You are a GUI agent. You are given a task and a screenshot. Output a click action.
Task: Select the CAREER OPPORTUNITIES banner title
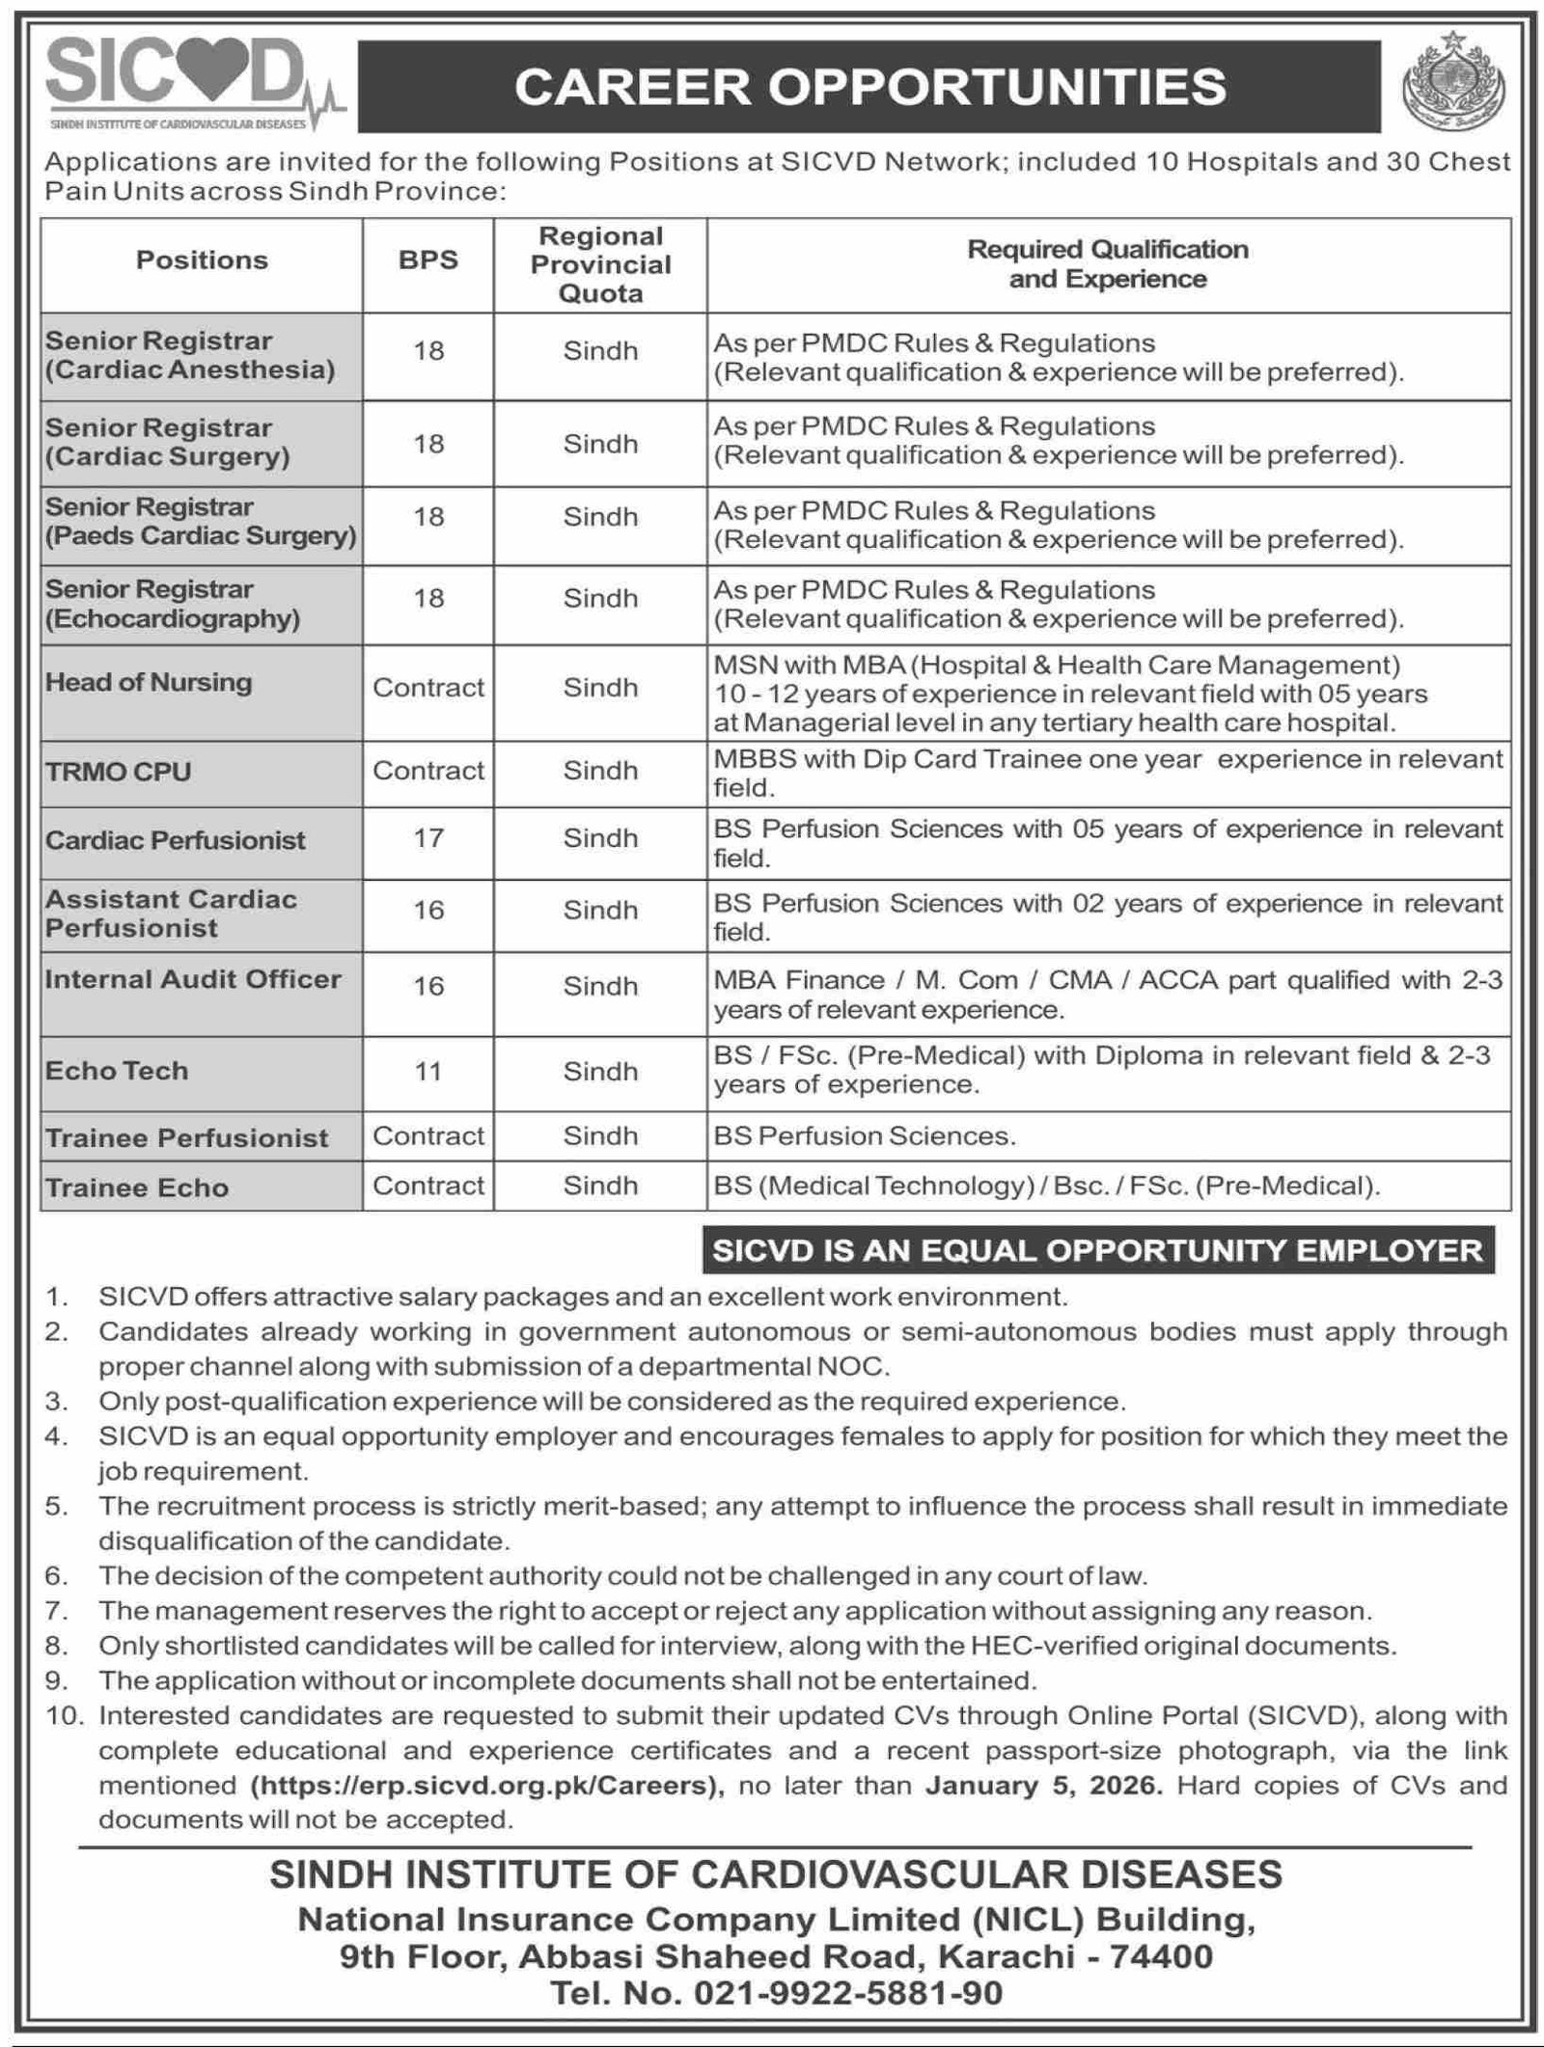pyautogui.click(x=869, y=87)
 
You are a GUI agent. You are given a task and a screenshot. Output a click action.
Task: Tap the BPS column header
pyautogui.click(x=427, y=260)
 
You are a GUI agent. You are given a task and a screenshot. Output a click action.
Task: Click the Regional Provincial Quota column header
pyautogui.click(x=600, y=264)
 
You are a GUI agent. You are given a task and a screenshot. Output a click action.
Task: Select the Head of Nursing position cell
pyautogui.click(x=149, y=683)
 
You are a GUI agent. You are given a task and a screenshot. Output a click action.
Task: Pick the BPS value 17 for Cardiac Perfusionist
pyautogui.click(x=427, y=837)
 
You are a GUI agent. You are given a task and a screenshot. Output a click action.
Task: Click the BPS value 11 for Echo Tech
pyautogui.click(x=427, y=1071)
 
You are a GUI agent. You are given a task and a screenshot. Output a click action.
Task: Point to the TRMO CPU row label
pyautogui.click(x=119, y=772)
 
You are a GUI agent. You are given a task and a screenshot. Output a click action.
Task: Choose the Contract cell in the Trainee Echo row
pyautogui.click(x=427, y=1186)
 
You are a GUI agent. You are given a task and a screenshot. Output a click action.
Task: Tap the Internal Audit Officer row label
pyautogui.click(x=193, y=979)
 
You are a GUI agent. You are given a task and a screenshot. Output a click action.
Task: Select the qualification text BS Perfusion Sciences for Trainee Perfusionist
pyautogui.click(x=864, y=1136)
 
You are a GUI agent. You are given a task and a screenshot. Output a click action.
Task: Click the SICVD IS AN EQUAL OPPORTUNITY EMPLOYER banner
pyautogui.click(x=1097, y=1251)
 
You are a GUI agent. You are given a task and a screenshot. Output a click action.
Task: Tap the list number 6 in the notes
pyautogui.click(x=56, y=1576)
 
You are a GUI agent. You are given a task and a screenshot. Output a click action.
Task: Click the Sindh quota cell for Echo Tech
pyautogui.click(x=600, y=1072)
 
